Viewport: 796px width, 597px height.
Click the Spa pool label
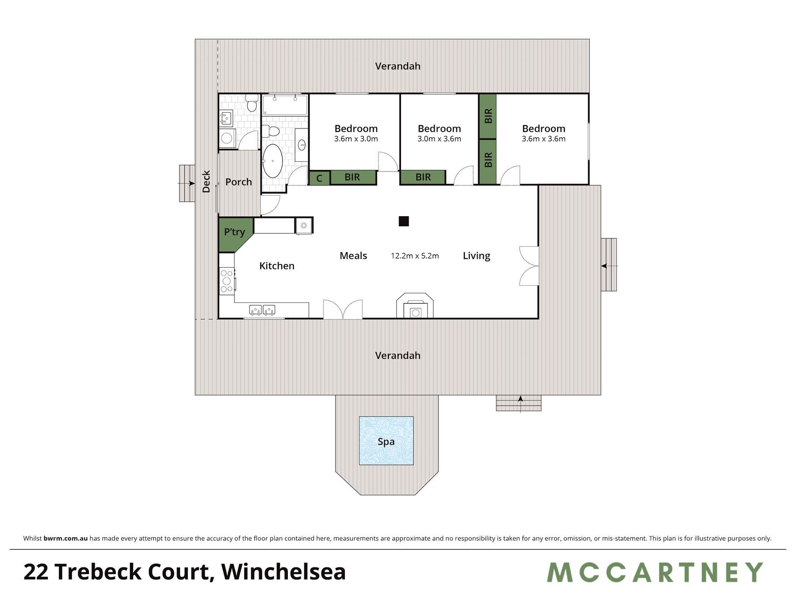[386, 442]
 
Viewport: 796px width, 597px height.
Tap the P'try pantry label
[234, 232]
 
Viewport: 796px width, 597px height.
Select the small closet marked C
[319, 178]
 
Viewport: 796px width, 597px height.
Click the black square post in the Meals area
[403, 221]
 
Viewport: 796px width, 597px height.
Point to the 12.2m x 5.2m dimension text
[415, 256]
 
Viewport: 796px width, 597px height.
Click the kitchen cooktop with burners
[227, 281]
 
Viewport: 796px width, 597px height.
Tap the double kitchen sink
[262, 310]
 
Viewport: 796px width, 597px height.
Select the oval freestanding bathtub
[273, 161]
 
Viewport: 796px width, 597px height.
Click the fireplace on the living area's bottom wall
[415, 306]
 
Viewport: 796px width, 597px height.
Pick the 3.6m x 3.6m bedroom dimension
[543, 139]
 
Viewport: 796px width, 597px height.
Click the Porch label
[238, 182]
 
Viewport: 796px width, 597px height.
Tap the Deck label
[206, 182]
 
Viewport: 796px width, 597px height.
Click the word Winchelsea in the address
[283, 572]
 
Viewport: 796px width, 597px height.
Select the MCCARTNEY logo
[655, 572]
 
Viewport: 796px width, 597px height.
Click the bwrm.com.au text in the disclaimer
[65, 539]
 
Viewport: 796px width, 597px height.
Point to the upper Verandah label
[398, 66]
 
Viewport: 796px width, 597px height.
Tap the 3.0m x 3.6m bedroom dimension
[439, 139]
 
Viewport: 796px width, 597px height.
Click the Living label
[476, 256]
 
